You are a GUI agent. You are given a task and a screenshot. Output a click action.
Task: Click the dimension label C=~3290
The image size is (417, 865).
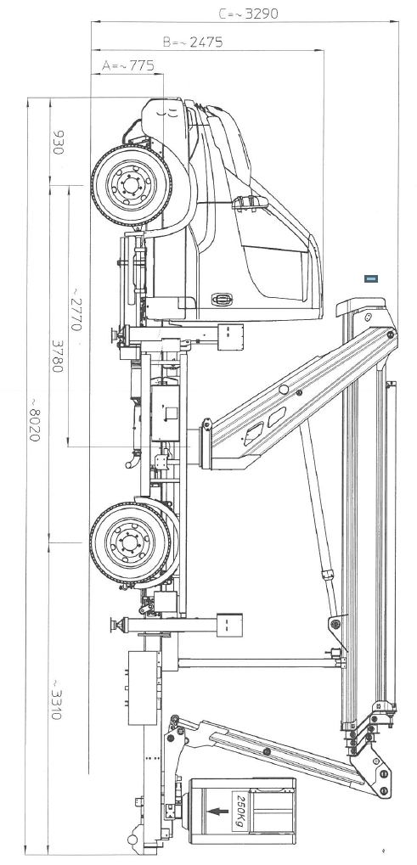pos(248,14)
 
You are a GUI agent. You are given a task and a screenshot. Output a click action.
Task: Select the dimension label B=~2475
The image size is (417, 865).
pos(193,42)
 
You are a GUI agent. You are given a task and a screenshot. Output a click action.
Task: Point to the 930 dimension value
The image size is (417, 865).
pos(59,143)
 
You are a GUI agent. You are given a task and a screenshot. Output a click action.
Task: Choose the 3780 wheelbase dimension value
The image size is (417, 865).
pos(58,356)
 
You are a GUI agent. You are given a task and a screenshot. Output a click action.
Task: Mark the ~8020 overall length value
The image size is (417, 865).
pos(34,418)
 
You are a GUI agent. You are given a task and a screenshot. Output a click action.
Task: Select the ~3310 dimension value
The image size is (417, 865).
pos(57,699)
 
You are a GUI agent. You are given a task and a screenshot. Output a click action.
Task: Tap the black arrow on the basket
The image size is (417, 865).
pos(218,812)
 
